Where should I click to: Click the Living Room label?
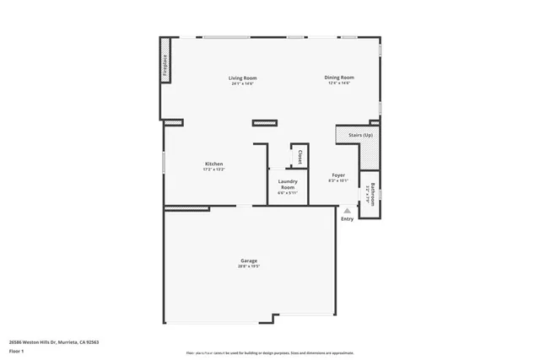click(241, 78)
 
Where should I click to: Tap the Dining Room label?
click(339, 78)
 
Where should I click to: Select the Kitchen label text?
click(213, 164)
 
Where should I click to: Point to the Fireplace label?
click(165, 67)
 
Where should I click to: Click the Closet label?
click(300, 157)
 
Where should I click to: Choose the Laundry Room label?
click(288, 183)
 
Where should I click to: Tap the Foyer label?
click(337, 175)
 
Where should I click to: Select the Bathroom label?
click(372, 195)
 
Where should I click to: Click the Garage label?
click(248, 261)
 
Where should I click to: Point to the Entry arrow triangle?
click(347, 212)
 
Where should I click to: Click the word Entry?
click(347, 220)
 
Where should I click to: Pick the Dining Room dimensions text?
click(339, 83)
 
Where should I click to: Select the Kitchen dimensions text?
click(213, 169)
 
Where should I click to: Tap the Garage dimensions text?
click(248, 267)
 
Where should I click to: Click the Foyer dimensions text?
click(337, 180)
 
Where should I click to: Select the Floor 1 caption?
click(16, 350)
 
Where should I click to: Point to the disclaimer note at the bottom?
click(270, 352)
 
